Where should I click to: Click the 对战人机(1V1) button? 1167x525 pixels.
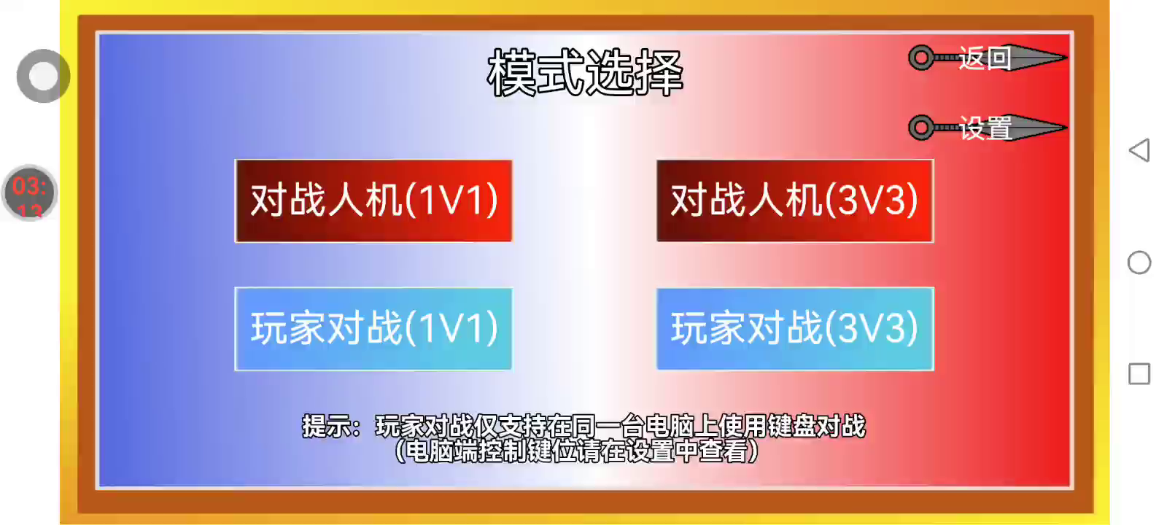tap(373, 201)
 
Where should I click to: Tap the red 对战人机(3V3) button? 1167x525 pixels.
tap(795, 201)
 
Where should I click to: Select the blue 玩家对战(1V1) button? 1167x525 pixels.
tap(373, 329)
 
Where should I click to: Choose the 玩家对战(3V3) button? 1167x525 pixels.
tap(795, 329)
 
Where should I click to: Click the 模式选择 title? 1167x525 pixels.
tap(585, 73)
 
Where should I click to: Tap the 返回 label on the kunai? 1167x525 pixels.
tap(985, 58)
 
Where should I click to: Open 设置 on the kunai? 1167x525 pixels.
tap(985, 128)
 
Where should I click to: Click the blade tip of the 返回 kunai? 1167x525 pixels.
tap(1066, 58)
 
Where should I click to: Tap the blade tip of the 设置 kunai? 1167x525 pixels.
tap(1066, 128)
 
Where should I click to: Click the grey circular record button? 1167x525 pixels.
tap(43, 76)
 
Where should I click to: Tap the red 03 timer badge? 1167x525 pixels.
tap(29, 193)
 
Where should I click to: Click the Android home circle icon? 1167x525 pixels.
tap(1139, 262)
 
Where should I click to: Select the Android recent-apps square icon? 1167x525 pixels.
tap(1139, 374)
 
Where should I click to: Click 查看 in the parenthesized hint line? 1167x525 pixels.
tap(723, 451)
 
